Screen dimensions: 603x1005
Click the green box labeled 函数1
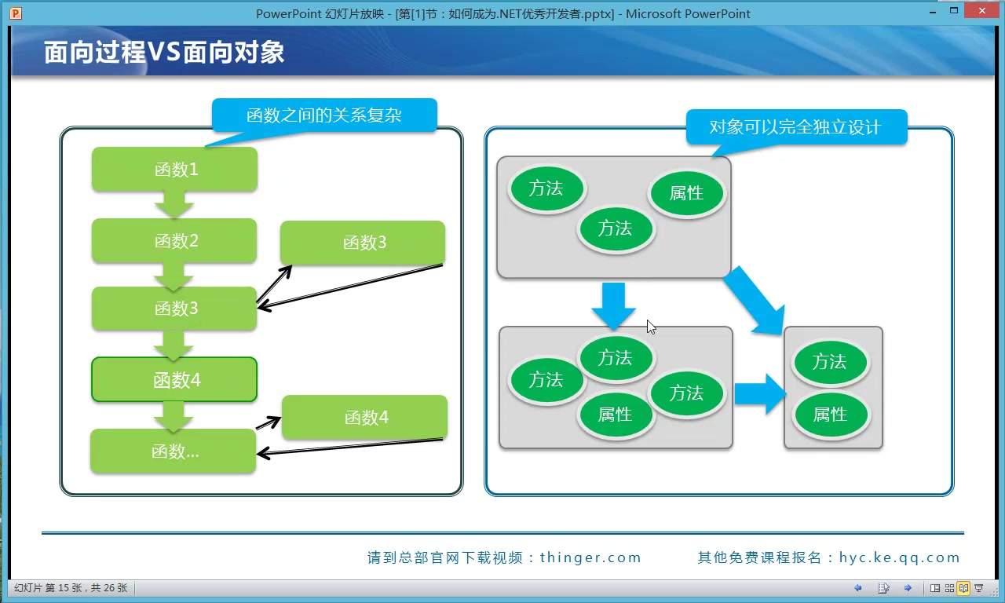pyautogui.click(x=174, y=169)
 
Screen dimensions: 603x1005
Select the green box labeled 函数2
pyautogui.click(x=174, y=240)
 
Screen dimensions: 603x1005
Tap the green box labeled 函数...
pyautogui.click(x=173, y=451)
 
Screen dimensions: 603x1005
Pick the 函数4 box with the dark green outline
pyautogui.click(x=174, y=380)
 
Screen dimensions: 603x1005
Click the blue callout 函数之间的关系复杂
pyautogui.click(x=323, y=115)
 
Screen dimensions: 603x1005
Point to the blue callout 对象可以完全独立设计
pyautogui.click(x=795, y=127)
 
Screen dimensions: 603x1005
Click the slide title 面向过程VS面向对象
pyautogui.click(x=164, y=53)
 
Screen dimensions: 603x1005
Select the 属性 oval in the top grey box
pyautogui.click(x=686, y=193)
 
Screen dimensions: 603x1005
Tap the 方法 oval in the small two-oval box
pyautogui.click(x=830, y=362)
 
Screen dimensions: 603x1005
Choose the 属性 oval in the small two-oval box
pyautogui.click(x=830, y=415)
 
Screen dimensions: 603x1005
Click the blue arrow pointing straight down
pyautogui.click(x=613, y=305)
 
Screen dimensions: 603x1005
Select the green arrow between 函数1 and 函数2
pyautogui.click(x=174, y=206)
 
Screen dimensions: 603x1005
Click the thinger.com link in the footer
pyautogui.click(x=590, y=557)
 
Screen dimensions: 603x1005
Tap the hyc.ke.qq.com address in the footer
pyautogui.click(x=899, y=557)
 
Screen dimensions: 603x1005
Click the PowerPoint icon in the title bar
pyautogui.click(x=16, y=13)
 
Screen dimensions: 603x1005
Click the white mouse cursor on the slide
pyautogui.click(x=651, y=327)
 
